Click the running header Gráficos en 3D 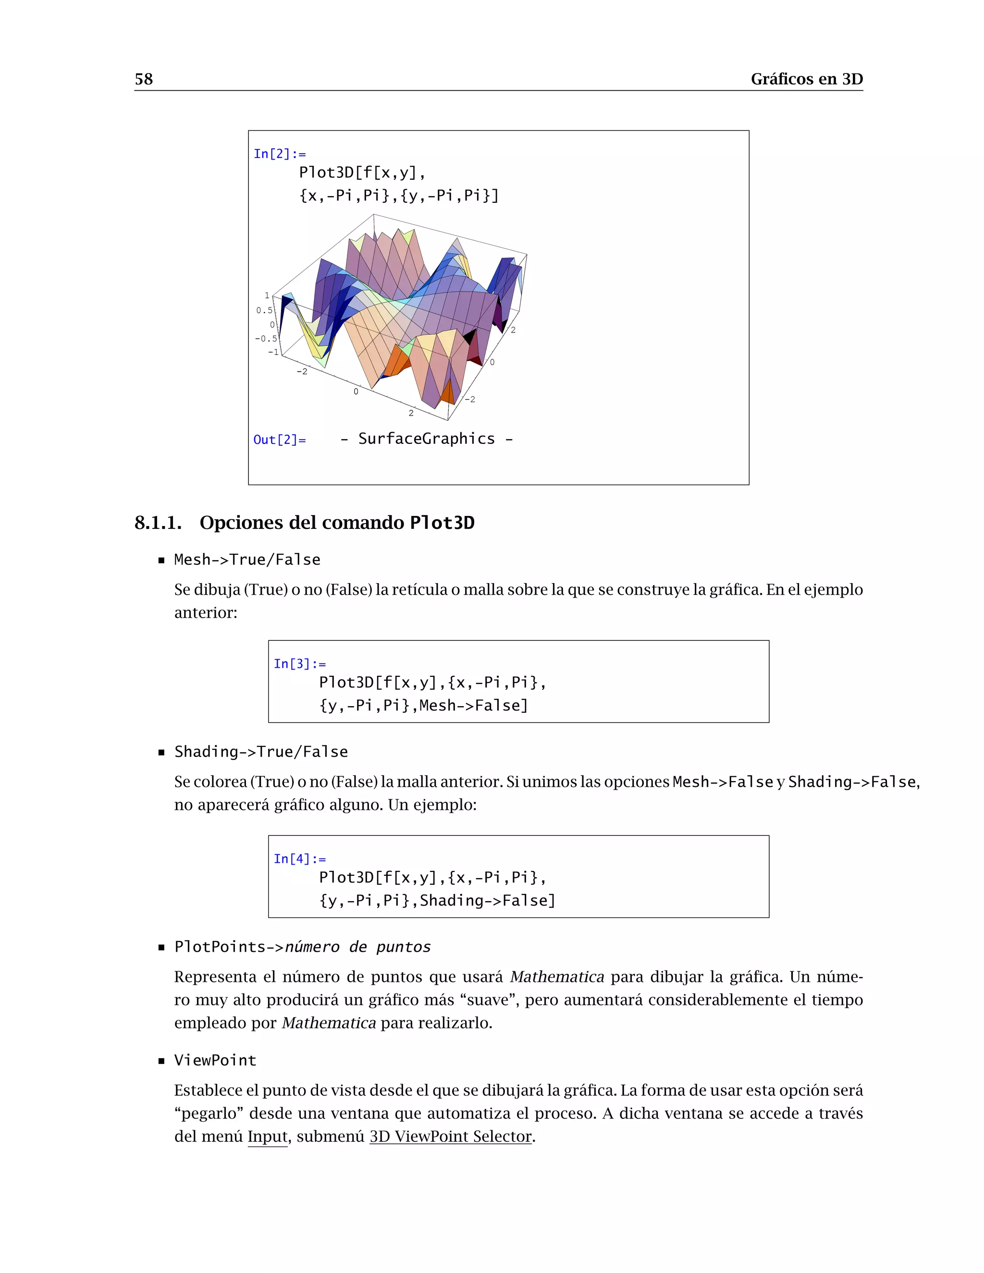(x=806, y=79)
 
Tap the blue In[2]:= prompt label (x=279, y=154)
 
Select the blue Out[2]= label (x=279, y=440)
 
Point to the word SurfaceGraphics (x=426, y=439)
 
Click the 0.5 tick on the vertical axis (x=264, y=310)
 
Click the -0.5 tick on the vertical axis (x=266, y=339)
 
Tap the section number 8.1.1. (x=158, y=523)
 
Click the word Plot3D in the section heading (x=442, y=523)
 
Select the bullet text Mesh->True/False (x=247, y=560)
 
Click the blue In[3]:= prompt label (x=300, y=664)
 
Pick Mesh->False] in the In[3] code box (x=473, y=705)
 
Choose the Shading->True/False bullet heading (x=260, y=752)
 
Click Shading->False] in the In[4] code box (x=487, y=901)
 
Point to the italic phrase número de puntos (x=357, y=947)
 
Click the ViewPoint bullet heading (x=215, y=1060)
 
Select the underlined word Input (x=268, y=1136)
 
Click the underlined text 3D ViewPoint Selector (x=451, y=1136)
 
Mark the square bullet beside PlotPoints (x=161, y=948)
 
